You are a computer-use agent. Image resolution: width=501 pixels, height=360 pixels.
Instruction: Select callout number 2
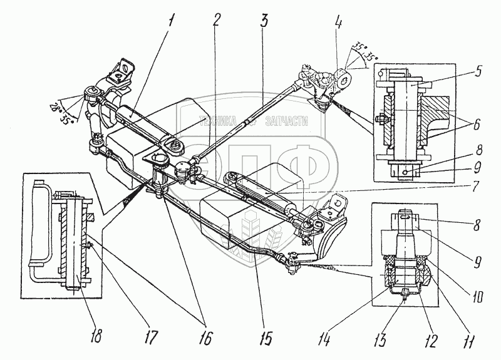click(215, 19)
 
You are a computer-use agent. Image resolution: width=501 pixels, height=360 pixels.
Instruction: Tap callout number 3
click(265, 19)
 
